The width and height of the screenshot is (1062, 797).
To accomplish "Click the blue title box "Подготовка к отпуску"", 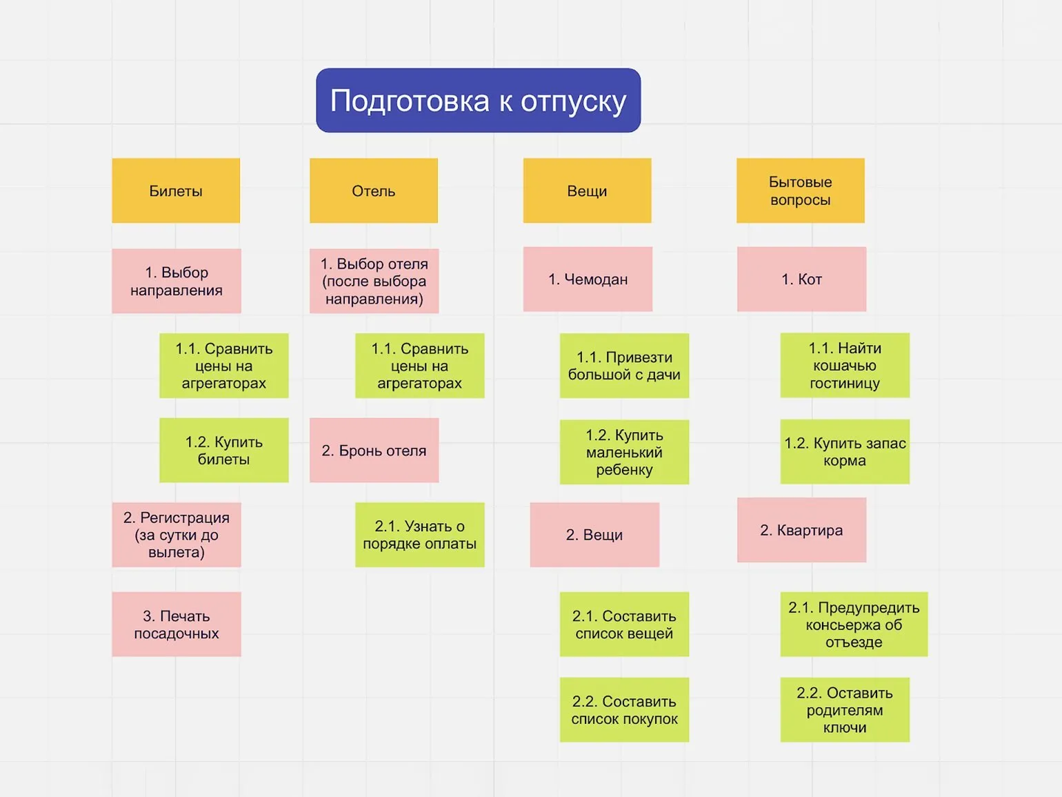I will tap(478, 100).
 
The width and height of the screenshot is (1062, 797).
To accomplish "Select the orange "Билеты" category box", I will tap(176, 190).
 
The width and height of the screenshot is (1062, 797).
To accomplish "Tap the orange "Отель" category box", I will tap(373, 190).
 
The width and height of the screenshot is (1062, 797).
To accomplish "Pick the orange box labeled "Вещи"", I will tap(587, 190).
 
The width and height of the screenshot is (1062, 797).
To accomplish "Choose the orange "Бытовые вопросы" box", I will tap(800, 190).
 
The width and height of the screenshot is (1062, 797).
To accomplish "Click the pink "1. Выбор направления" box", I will tap(177, 281).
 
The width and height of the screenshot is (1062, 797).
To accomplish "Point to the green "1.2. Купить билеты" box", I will tap(223, 450).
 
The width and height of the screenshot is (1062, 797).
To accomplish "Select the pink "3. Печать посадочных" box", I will tap(177, 624).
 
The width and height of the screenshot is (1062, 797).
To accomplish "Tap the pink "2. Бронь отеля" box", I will tap(374, 450).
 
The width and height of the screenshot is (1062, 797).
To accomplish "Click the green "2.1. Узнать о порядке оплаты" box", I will tap(419, 535).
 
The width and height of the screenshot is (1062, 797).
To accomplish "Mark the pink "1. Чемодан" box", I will tap(588, 279).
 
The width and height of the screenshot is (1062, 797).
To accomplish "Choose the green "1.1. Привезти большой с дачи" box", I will tap(624, 366).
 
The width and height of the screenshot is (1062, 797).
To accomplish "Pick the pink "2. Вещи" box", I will tap(594, 535).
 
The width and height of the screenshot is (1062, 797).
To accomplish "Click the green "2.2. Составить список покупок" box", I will tap(624, 709).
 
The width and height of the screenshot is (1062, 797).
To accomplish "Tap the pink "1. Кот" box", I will tap(801, 279).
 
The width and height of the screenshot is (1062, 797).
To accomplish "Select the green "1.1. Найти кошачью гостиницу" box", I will tap(845, 366).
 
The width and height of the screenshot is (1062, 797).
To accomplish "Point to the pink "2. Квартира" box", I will tap(801, 530).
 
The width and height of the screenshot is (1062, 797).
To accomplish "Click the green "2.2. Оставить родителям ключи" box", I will tap(845, 709).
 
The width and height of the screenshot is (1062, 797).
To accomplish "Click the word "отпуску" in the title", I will tap(574, 101).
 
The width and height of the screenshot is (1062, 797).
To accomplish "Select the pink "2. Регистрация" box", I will tap(177, 535).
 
